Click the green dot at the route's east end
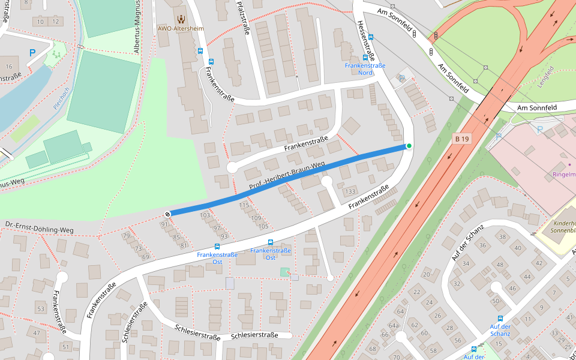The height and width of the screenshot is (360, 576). [x=409, y=146]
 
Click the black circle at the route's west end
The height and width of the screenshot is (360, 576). [x=167, y=214]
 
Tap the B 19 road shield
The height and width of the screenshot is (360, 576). [x=461, y=139]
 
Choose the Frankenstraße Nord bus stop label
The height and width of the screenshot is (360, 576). [x=365, y=69]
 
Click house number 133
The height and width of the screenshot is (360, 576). [x=350, y=191]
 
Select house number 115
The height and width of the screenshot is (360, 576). [x=244, y=205]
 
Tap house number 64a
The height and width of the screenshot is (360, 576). [x=394, y=325]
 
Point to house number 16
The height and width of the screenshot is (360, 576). [x=8, y=66]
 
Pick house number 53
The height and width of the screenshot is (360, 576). [x=41, y=309]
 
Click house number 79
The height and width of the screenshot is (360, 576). [x=126, y=236]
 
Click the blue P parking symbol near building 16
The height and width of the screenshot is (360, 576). [x=32, y=53]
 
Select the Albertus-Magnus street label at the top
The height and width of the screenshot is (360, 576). [x=137, y=27]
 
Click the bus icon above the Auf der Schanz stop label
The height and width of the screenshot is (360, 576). [x=500, y=319]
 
